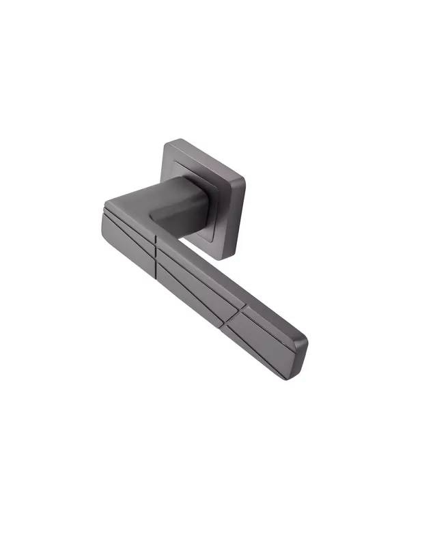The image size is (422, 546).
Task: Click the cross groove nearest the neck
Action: point(156,253)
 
